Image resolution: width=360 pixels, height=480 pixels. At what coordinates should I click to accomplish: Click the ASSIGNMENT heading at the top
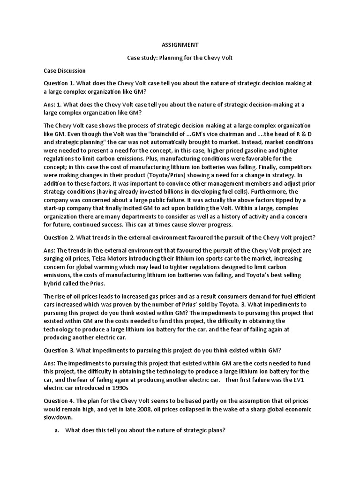[180, 45]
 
